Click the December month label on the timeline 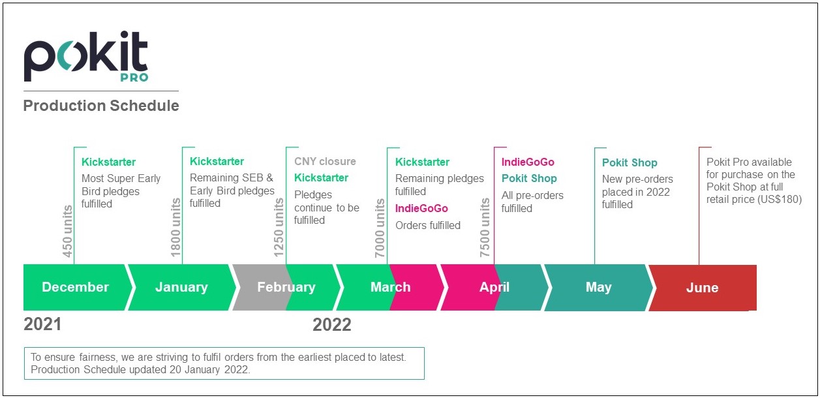pyautogui.click(x=76, y=287)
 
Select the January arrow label pyautogui.click(x=181, y=287)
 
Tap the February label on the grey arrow pyautogui.click(x=286, y=288)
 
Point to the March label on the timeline pyautogui.click(x=391, y=287)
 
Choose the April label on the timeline pyautogui.click(x=494, y=287)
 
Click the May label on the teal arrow pyautogui.click(x=598, y=287)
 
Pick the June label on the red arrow pyautogui.click(x=702, y=288)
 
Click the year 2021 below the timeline pyautogui.click(x=42, y=324)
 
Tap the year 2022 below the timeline pyautogui.click(x=332, y=324)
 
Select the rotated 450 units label pyautogui.click(x=67, y=231)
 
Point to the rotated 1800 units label pyautogui.click(x=175, y=227)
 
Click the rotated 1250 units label pyautogui.click(x=279, y=227)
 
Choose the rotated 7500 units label pyautogui.click(x=485, y=227)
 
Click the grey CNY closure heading pyautogui.click(x=325, y=161)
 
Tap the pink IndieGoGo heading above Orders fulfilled pyautogui.click(x=421, y=208)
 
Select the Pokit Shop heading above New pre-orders pyautogui.click(x=630, y=162)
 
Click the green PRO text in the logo pyautogui.click(x=134, y=78)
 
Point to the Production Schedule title pyautogui.click(x=101, y=106)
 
